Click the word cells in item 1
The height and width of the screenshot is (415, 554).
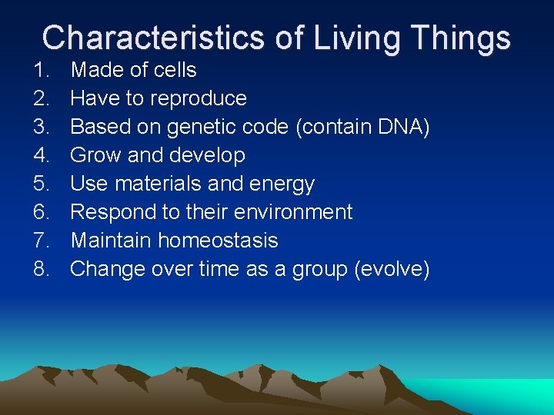tap(175, 70)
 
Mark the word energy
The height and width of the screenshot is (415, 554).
tap(280, 184)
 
